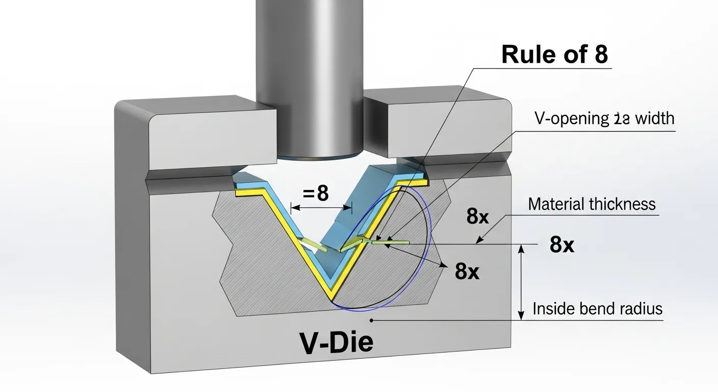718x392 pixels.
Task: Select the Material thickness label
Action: click(x=592, y=204)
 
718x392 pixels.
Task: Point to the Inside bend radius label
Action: click(x=597, y=309)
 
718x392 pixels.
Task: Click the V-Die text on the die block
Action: click(x=336, y=344)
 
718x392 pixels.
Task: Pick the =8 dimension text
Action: click(x=316, y=193)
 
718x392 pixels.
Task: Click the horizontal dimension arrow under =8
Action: click(x=321, y=208)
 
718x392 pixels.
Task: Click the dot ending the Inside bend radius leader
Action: click(x=372, y=321)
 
